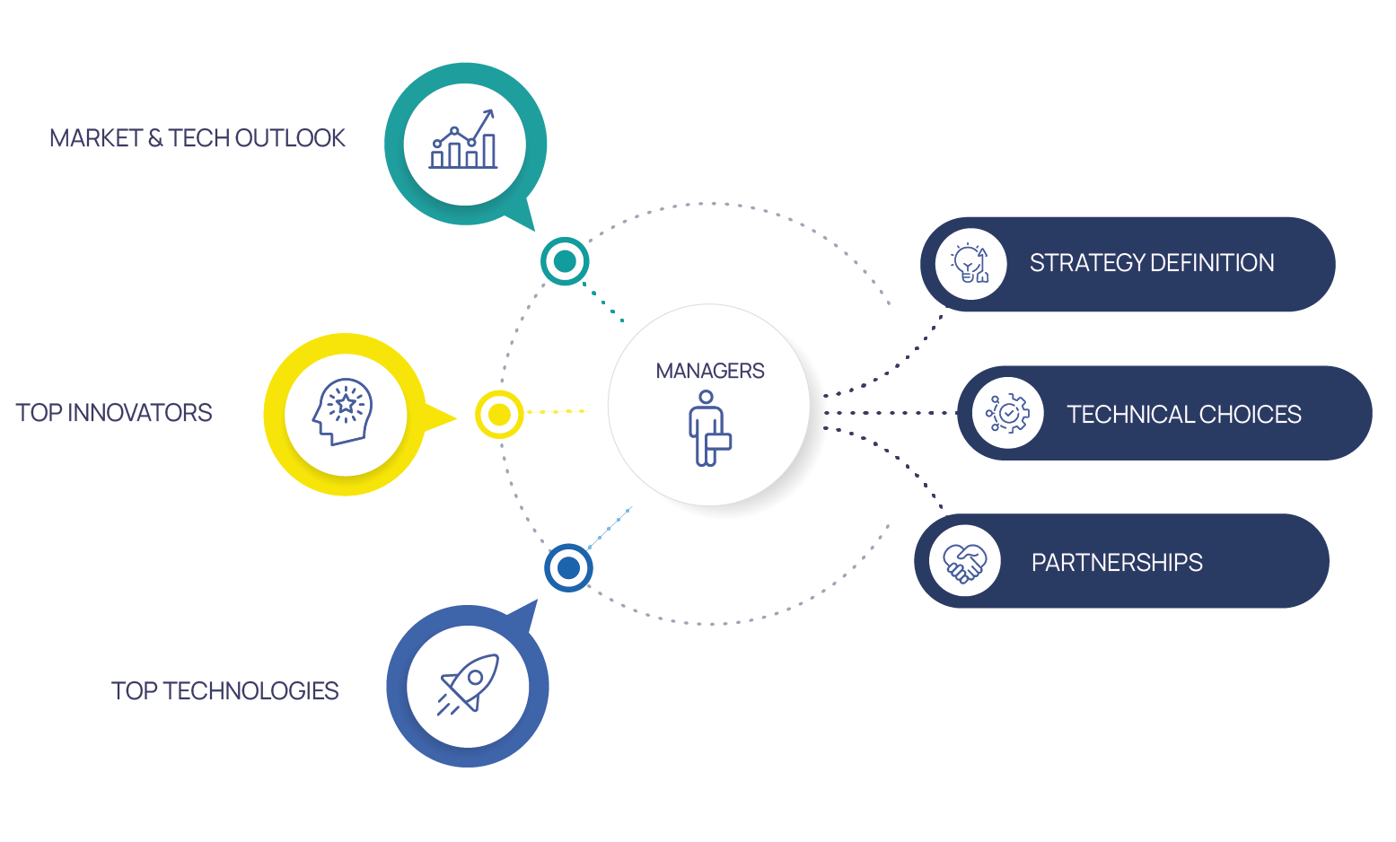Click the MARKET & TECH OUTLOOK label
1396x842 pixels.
point(197,138)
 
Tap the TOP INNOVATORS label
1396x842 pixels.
point(114,413)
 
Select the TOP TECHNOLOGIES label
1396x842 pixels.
point(224,690)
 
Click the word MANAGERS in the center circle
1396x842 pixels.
point(709,371)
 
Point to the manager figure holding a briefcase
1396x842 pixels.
point(707,428)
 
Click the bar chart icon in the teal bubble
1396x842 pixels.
point(463,141)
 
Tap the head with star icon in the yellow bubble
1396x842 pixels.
point(343,413)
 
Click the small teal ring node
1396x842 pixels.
point(565,261)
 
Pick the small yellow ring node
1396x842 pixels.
point(499,415)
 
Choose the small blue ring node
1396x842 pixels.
point(568,567)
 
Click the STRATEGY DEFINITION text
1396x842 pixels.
point(1151,263)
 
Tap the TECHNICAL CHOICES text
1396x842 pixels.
point(1183,414)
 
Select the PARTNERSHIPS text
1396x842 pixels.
point(1117,563)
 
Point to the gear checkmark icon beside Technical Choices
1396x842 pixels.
point(1007,414)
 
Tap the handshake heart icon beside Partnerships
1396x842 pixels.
point(964,563)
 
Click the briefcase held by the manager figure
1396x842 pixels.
point(718,441)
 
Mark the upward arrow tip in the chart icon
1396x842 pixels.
point(490,112)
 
